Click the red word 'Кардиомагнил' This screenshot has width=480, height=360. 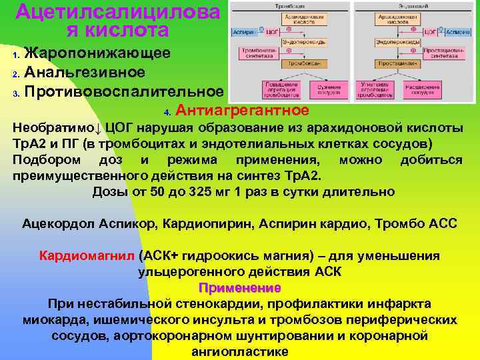[88, 256]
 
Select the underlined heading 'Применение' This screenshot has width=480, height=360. [239, 287]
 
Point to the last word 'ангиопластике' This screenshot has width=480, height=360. [239, 352]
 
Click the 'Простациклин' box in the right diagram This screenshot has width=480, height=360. [397, 64]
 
